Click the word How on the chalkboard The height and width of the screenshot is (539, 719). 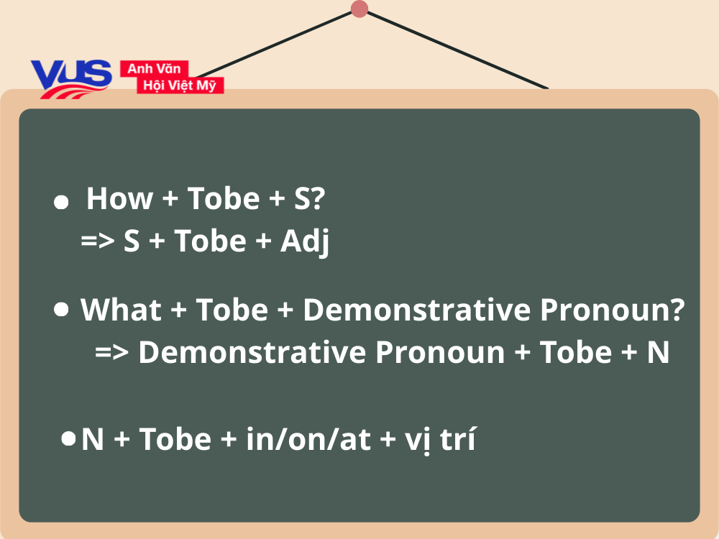(x=119, y=198)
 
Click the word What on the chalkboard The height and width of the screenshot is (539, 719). (x=121, y=310)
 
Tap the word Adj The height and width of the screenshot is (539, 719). (x=305, y=242)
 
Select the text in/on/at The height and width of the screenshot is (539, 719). (x=308, y=439)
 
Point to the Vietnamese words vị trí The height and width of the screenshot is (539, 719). (x=440, y=441)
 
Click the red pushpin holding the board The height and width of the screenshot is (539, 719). (x=359, y=9)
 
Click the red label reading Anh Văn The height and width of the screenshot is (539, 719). (x=154, y=69)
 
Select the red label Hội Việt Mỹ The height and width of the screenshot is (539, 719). (x=180, y=86)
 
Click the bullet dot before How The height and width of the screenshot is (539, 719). (x=61, y=202)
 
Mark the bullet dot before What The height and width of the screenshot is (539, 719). (x=61, y=309)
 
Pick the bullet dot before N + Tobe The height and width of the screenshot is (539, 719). (x=68, y=438)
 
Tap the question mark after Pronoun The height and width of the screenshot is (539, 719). (x=677, y=310)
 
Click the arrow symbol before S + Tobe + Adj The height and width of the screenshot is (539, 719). (x=98, y=240)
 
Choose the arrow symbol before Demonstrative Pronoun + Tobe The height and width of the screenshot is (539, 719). (x=112, y=352)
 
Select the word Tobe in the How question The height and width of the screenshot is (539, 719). (x=224, y=198)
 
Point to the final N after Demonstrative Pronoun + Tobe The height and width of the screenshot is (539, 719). (x=659, y=352)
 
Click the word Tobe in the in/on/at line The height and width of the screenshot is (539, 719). (x=175, y=439)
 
